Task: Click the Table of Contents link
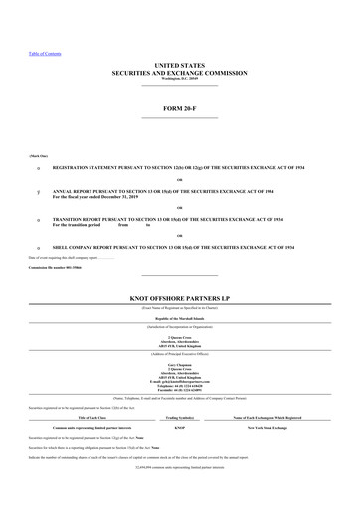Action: tap(30, 53)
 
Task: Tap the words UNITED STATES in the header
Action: tap(179, 64)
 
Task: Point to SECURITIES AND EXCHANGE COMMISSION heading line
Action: tap(179, 72)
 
